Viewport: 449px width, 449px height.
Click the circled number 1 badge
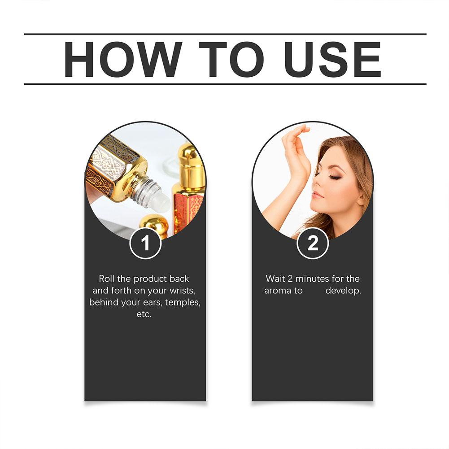tap(145, 243)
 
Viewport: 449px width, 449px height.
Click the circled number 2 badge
tap(313, 243)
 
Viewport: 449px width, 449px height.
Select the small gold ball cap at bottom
tap(154, 224)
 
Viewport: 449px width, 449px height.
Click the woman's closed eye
tap(334, 176)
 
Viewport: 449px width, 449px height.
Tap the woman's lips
tap(318, 195)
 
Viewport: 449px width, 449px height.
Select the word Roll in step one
tap(106, 279)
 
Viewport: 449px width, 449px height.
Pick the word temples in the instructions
tap(183, 302)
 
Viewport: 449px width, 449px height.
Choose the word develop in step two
tap(343, 291)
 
